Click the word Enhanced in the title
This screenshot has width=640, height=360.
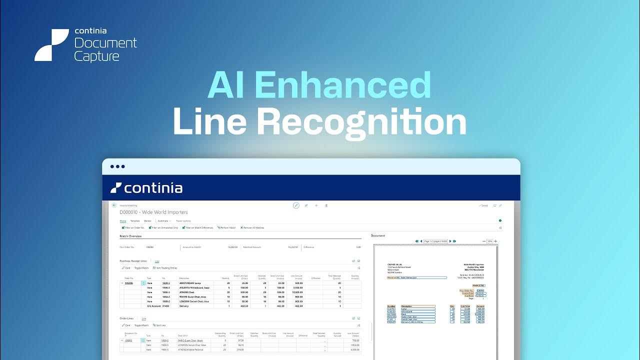coord(342,85)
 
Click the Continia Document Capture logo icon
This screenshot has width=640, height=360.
coord(51,45)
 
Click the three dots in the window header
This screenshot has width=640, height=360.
coord(117,166)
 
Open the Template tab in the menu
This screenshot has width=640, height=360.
coord(135,220)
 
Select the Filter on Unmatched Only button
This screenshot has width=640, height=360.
coord(163,227)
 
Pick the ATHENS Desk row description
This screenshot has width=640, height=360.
coord(187,292)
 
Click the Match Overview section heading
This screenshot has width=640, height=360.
coord(130,236)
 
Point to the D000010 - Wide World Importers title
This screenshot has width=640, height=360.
coord(153,212)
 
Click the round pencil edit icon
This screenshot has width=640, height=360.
coord(296,205)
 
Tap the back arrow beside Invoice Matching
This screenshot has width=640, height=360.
coord(114,205)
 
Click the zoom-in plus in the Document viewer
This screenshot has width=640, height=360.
coord(495,241)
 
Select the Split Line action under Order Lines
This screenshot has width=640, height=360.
coord(159,325)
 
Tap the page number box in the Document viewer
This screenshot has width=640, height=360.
coord(435,241)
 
